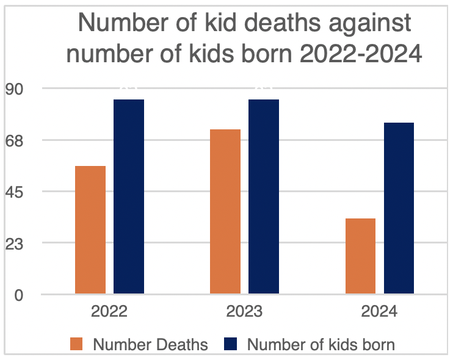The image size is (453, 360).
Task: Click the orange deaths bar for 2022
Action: pyautogui.click(x=90, y=230)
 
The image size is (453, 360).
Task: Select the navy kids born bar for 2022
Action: pyautogui.click(x=129, y=196)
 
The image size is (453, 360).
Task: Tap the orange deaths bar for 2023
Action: pyautogui.click(x=225, y=212)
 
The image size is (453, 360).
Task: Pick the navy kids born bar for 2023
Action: pyautogui.click(x=264, y=196)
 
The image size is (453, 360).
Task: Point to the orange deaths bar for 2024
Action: pyautogui.click(x=360, y=256)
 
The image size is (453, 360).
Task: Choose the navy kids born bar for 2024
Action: pyautogui.click(x=399, y=208)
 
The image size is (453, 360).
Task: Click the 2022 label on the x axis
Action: pyautogui.click(x=109, y=312)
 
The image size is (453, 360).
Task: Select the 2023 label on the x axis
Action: pyautogui.click(x=244, y=312)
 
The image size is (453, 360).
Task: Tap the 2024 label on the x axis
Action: pyautogui.click(x=379, y=312)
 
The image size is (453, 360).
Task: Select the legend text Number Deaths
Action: pyautogui.click(x=150, y=344)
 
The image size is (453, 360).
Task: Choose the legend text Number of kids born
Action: pyautogui.click(x=321, y=344)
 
